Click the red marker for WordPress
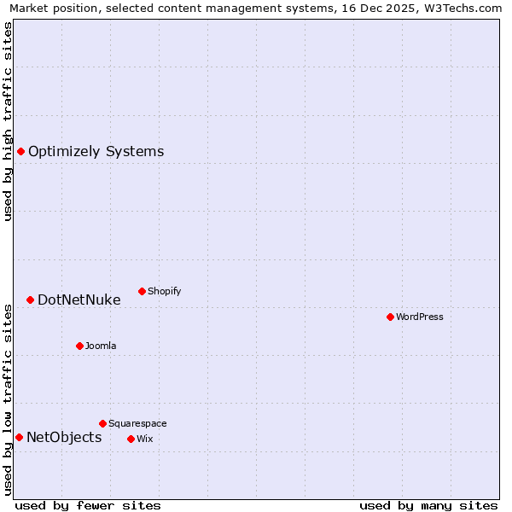390,317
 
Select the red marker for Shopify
142,291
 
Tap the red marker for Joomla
79,346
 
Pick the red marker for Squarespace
102,423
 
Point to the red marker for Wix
131,439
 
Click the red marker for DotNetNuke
30,300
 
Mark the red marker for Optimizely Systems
20,151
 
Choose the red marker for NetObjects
19,437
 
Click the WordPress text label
420,317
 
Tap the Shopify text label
165,291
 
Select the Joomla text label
101,346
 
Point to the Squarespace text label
137,423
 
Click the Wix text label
144,439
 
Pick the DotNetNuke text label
79,300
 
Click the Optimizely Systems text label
96,152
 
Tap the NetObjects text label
64,438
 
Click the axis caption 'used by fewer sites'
88,505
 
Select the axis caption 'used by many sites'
428,505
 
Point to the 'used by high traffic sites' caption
8,121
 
